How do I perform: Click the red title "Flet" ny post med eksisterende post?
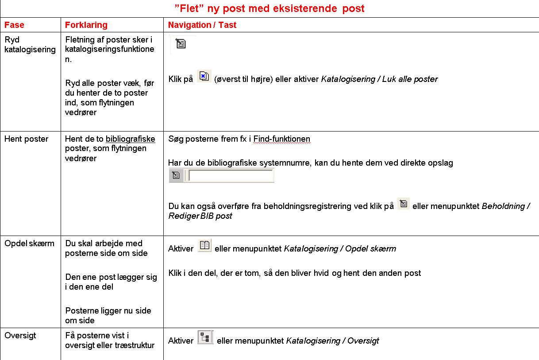coord(269,8)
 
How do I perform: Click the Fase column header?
coord(14,25)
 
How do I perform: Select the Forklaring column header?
coord(86,25)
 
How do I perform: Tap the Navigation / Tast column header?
coord(202,25)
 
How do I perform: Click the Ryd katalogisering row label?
coord(30,44)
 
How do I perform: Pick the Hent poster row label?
coord(26,139)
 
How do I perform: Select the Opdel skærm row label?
coord(29,244)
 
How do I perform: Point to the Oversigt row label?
coord(20,336)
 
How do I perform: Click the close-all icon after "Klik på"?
coord(204,77)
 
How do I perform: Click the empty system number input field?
coord(230,176)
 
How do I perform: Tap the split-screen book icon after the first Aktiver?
coord(204,246)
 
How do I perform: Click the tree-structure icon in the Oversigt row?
coord(205,338)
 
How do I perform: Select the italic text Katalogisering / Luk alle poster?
coord(379,79)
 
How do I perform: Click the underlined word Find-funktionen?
coord(282,139)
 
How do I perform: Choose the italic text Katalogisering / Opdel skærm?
coord(340,249)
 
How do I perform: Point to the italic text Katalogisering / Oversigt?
coord(332,341)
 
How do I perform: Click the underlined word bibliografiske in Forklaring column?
coord(130,139)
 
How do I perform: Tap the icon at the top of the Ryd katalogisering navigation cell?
coord(181,43)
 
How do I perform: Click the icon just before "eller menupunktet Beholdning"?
coord(403,204)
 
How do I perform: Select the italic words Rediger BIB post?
coord(200,216)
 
